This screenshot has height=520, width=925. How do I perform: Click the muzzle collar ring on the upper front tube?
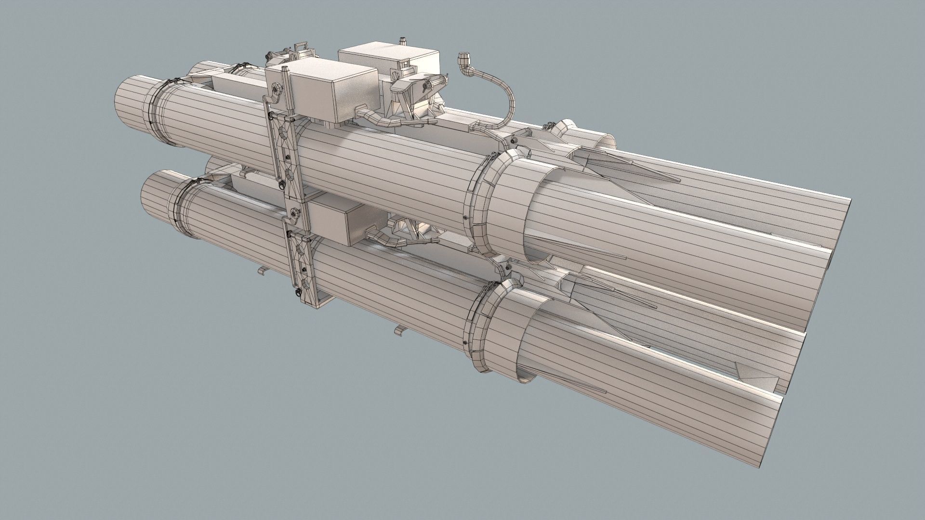point(487,202)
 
